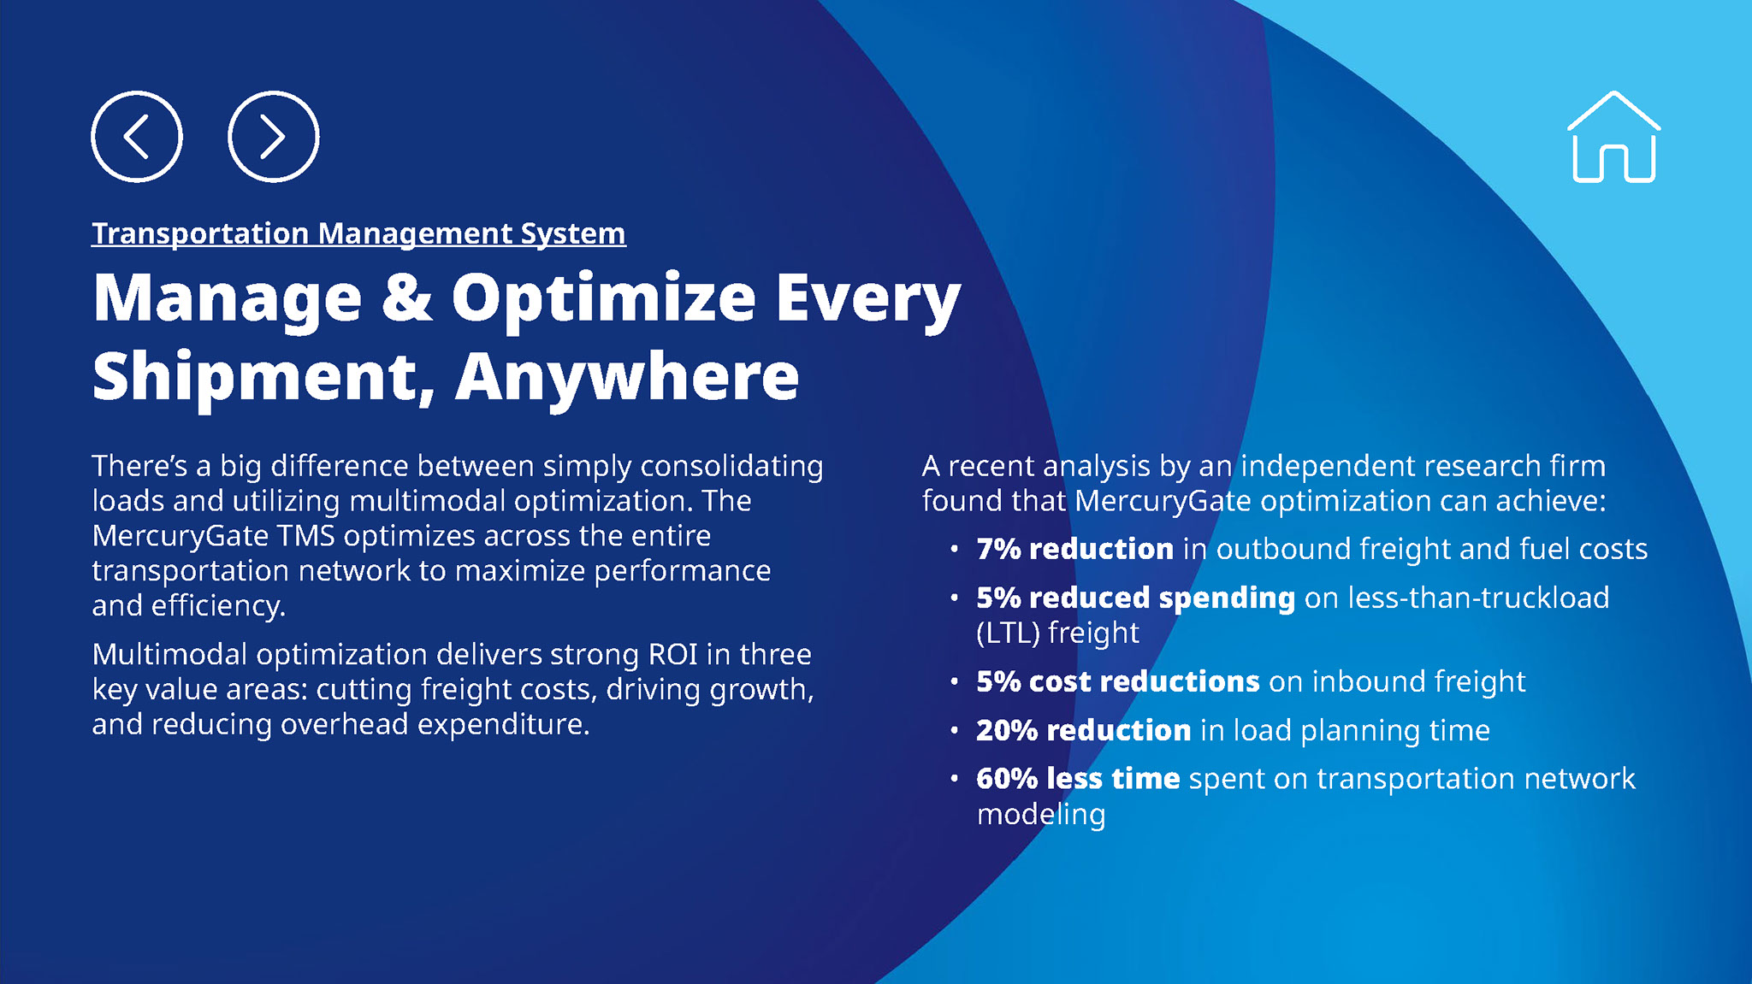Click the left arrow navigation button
(x=137, y=137)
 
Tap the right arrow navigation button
(x=274, y=137)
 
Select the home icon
(x=1613, y=137)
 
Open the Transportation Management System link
(x=358, y=233)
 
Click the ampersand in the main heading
(x=406, y=298)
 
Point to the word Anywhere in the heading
(x=627, y=376)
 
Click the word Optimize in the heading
(x=604, y=299)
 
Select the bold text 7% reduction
(x=1075, y=549)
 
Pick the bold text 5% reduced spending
(x=1136, y=598)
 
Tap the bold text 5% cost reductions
(x=1118, y=681)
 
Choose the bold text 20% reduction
(x=1084, y=730)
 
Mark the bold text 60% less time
(x=1079, y=779)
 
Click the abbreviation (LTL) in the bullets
(x=1008, y=633)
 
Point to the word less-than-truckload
(x=1478, y=598)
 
